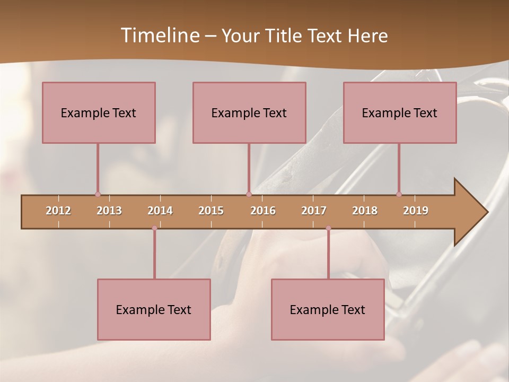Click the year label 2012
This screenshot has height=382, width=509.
coord(58,211)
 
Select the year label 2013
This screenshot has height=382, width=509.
coord(109,211)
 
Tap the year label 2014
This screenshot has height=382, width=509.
coord(160,211)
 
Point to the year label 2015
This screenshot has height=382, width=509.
coord(211,211)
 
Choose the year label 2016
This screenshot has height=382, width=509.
coord(263,211)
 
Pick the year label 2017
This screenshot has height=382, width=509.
coord(314,211)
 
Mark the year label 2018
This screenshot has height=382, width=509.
coord(365,211)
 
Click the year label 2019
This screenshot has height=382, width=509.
coord(416,211)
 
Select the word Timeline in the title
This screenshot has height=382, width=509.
coord(159,36)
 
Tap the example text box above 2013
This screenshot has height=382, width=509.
coord(99,112)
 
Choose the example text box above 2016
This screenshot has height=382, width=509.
coord(249,112)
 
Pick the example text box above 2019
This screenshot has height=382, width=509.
coord(400,112)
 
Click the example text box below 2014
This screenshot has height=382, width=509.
coord(154,309)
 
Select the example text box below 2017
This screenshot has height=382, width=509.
coord(328,309)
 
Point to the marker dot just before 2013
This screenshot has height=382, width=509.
coord(98,194)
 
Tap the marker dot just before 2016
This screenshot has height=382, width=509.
coord(249,194)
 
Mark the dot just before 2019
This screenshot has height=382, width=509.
coord(399,194)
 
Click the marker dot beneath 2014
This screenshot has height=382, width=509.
coord(154,228)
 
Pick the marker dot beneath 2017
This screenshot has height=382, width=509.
coord(328,228)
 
